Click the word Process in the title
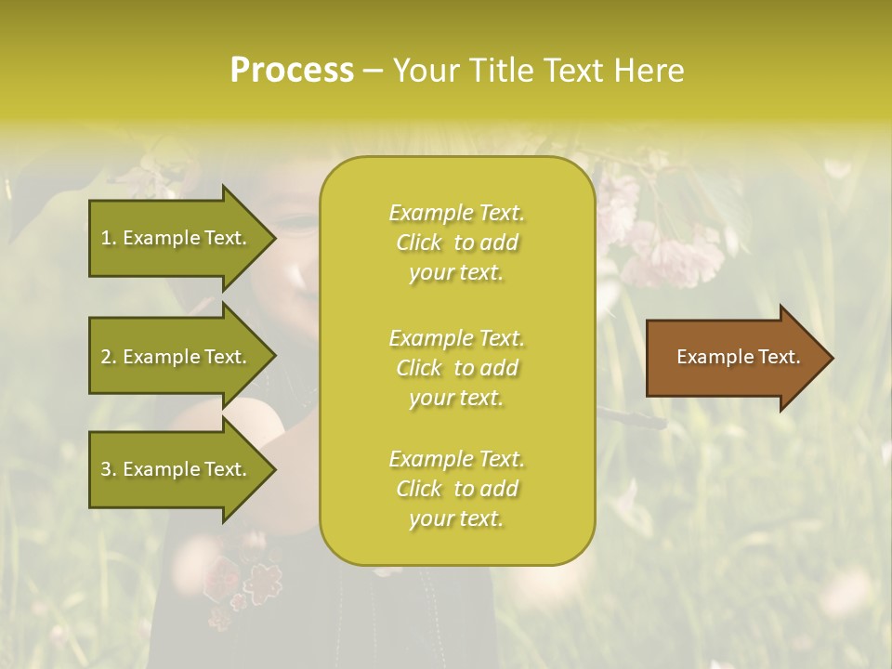pyautogui.click(x=292, y=71)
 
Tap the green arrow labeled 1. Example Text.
pyautogui.click(x=177, y=238)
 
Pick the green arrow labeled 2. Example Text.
pyautogui.click(x=177, y=357)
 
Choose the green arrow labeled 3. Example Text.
pyautogui.click(x=177, y=469)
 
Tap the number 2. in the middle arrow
pyautogui.click(x=108, y=357)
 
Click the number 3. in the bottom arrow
pyautogui.click(x=108, y=469)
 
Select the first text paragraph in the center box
pyautogui.click(x=456, y=243)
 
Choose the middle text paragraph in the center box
pyautogui.click(x=456, y=368)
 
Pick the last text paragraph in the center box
pyautogui.click(x=456, y=489)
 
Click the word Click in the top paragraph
pyautogui.click(x=419, y=243)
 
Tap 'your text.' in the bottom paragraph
pyautogui.click(x=456, y=518)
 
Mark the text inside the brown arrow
pyautogui.click(x=739, y=357)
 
